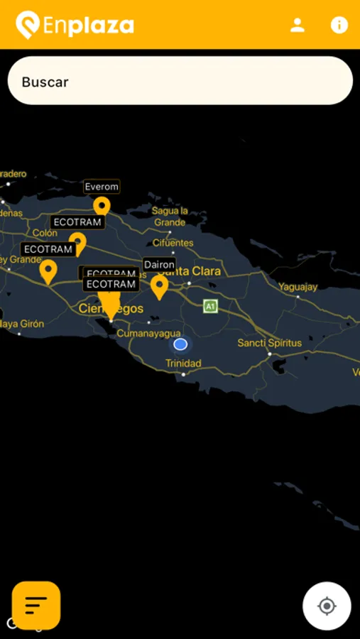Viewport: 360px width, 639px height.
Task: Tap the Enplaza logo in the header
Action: click(x=75, y=26)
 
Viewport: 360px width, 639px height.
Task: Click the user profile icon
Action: click(x=298, y=26)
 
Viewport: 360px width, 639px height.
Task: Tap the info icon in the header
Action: click(x=339, y=25)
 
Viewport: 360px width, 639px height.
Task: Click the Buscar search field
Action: click(x=180, y=81)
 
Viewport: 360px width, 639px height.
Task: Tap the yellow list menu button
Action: click(x=36, y=605)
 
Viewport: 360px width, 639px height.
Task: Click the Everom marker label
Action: click(x=102, y=187)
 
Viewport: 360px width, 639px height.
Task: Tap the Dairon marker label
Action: click(x=159, y=264)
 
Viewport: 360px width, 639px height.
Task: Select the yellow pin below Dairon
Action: click(x=159, y=285)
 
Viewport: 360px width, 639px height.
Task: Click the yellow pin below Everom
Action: click(x=102, y=207)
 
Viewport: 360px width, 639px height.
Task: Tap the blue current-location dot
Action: click(x=180, y=344)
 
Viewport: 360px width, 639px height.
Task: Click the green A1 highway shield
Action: click(x=210, y=306)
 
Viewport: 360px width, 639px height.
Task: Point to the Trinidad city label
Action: click(x=183, y=364)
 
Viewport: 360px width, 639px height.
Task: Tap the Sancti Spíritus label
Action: click(x=270, y=343)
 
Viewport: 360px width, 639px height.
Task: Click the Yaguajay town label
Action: click(x=298, y=288)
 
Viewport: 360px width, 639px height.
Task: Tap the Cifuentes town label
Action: click(x=173, y=243)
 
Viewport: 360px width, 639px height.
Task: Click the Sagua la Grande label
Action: click(x=170, y=217)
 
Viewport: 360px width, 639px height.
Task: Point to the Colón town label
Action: click(x=45, y=233)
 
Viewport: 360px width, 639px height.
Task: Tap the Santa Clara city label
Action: click(x=193, y=271)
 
